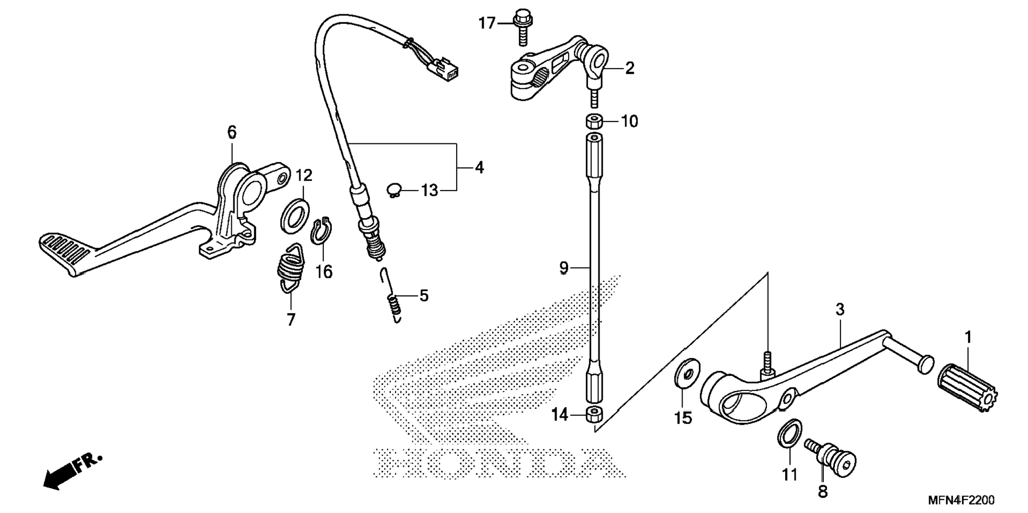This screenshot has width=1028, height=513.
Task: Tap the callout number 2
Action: point(629,68)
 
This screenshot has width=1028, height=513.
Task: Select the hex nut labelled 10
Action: point(594,121)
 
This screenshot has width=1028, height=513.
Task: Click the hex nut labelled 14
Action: point(595,415)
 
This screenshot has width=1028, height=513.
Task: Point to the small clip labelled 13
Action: point(393,190)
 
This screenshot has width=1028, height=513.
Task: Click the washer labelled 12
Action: point(295,216)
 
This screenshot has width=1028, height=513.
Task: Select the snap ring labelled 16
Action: point(321,231)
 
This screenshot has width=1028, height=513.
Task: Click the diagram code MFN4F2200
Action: point(961,500)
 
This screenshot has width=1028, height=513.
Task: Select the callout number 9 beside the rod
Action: point(564,268)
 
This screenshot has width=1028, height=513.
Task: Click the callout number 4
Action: point(479,168)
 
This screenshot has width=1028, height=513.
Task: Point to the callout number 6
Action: point(232,132)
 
